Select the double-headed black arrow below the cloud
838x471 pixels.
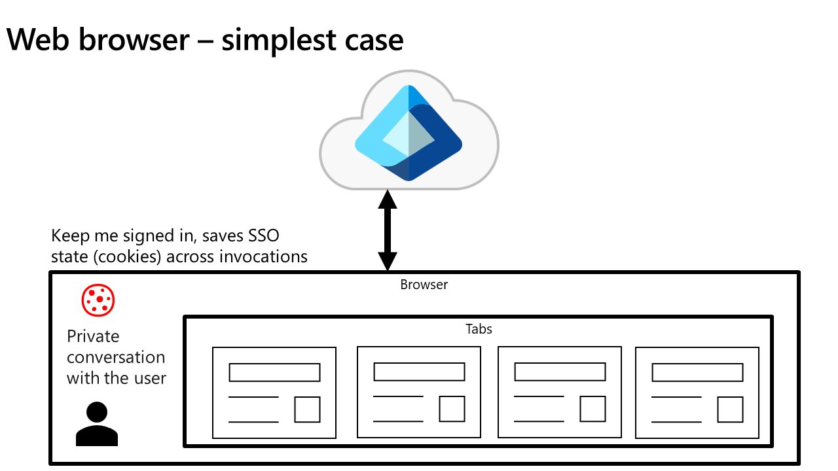pos(388,230)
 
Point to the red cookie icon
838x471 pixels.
pos(98,300)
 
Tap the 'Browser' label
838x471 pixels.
pos(424,285)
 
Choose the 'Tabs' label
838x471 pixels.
pos(479,329)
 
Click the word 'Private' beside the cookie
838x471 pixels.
pos(93,336)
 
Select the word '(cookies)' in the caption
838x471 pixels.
pos(131,256)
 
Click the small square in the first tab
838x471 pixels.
pos(307,409)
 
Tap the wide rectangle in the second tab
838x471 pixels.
pos(419,372)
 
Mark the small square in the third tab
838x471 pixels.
pos(592,409)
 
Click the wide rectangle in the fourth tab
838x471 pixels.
pos(697,372)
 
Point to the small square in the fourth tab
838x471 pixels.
pos(730,409)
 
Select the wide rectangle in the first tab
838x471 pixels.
pos(274,372)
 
